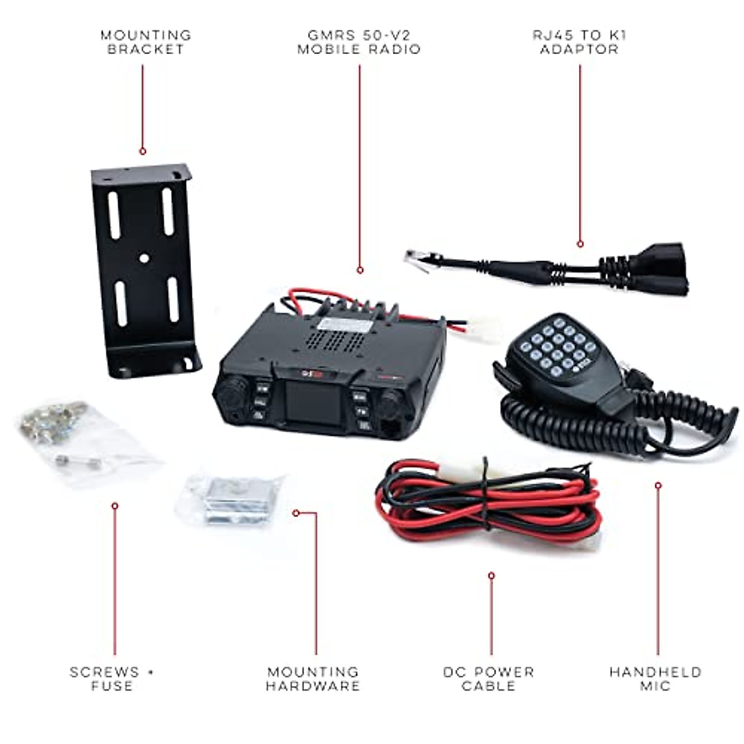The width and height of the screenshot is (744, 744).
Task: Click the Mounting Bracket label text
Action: [146, 42]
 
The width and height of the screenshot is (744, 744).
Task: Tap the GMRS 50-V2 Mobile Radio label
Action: [359, 42]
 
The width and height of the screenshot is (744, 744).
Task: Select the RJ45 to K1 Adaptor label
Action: [580, 42]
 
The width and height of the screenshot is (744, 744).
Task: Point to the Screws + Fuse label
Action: [112, 679]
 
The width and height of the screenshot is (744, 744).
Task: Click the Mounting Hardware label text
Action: [313, 679]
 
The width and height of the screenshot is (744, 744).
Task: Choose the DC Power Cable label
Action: [489, 679]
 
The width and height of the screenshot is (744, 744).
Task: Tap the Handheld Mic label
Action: [655, 679]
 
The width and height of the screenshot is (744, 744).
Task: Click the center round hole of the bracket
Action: [144, 258]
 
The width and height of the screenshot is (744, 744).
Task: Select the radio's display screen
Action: [313, 404]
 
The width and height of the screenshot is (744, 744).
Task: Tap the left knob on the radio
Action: [231, 392]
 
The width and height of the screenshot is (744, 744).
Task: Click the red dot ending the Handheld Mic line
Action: [658, 485]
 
